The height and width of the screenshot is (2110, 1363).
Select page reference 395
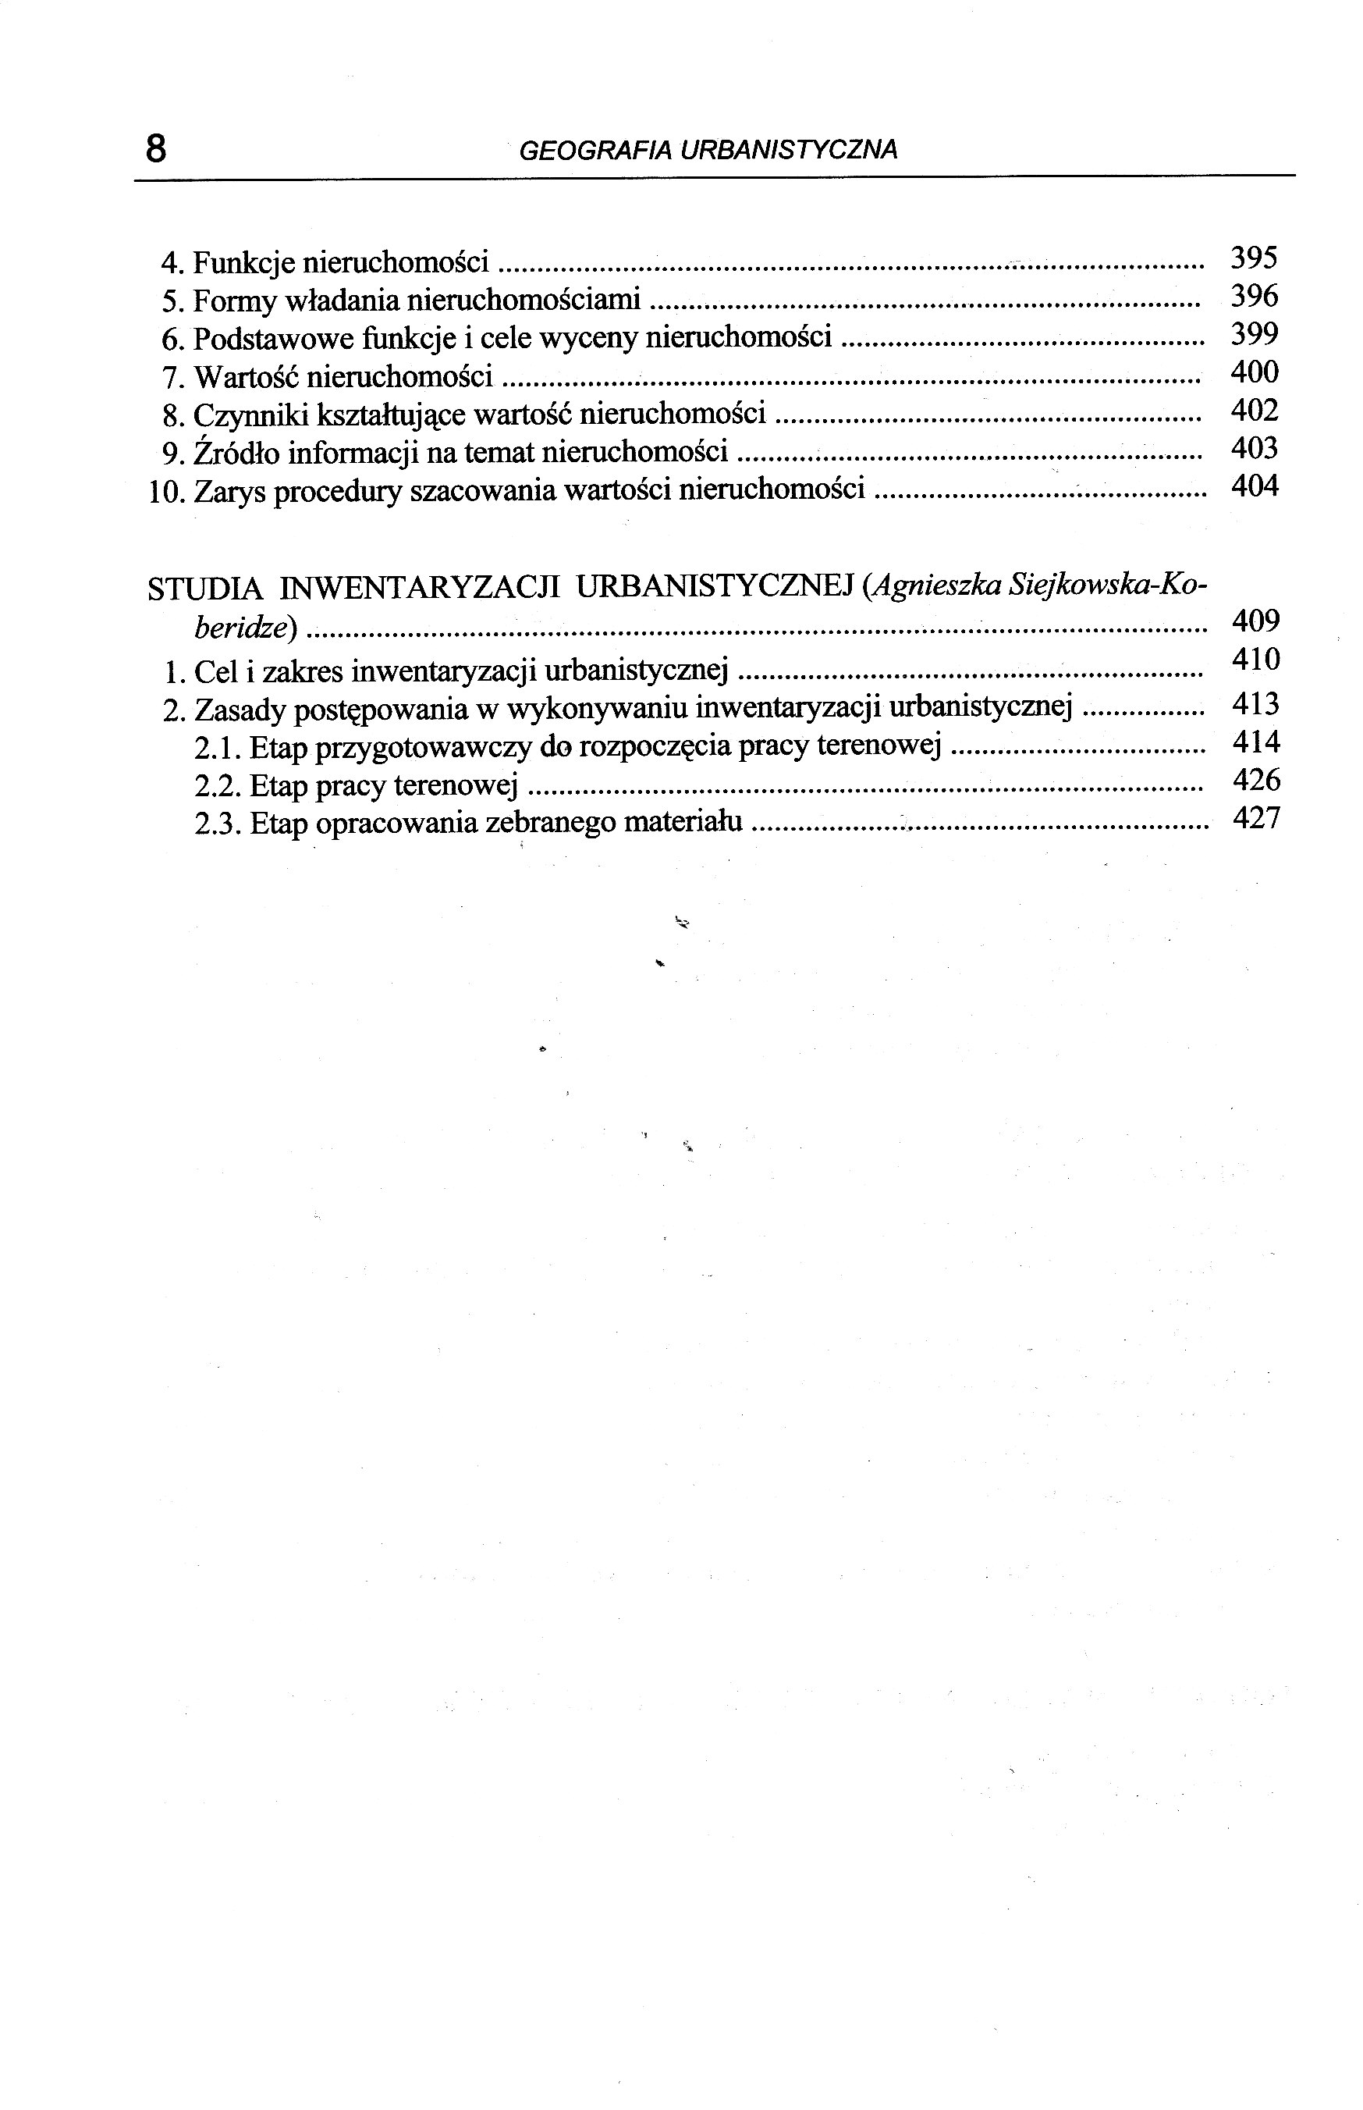tap(1254, 258)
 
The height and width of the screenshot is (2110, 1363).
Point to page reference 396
tap(1254, 297)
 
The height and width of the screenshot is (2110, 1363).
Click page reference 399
tap(1254, 335)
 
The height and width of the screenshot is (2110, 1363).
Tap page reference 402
tap(1254, 411)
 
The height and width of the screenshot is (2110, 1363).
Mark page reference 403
tap(1254, 449)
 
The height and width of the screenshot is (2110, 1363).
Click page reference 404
tap(1254, 487)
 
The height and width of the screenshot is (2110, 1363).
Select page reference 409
tap(1255, 621)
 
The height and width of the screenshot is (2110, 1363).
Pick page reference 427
tap(1256, 819)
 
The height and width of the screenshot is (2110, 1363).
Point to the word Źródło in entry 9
tap(236, 453)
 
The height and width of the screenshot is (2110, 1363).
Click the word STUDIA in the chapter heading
tap(204, 589)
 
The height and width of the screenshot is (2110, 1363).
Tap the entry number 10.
tap(165, 493)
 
